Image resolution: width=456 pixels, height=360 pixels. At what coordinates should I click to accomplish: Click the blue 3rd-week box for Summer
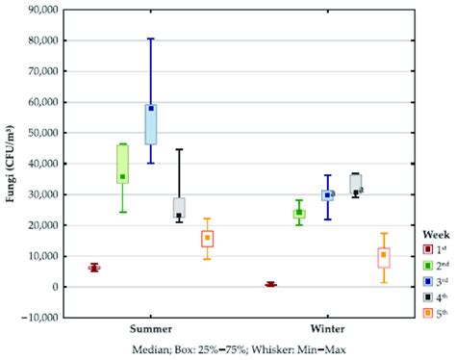pyautogui.click(x=151, y=124)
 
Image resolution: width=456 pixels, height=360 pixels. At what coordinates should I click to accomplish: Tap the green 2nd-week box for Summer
pyautogui.click(x=122, y=163)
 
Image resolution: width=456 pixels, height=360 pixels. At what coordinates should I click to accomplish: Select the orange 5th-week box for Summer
pyautogui.click(x=207, y=239)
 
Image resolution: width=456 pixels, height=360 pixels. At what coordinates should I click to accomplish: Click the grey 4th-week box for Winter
pyautogui.click(x=356, y=183)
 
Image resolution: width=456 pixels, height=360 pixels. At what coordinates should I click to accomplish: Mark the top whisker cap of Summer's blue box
pyautogui.click(x=151, y=39)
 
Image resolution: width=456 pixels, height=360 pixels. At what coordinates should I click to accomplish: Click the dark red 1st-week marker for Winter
pyautogui.click(x=270, y=284)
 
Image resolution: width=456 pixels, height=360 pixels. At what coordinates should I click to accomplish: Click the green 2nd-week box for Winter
pyautogui.click(x=299, y=214)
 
